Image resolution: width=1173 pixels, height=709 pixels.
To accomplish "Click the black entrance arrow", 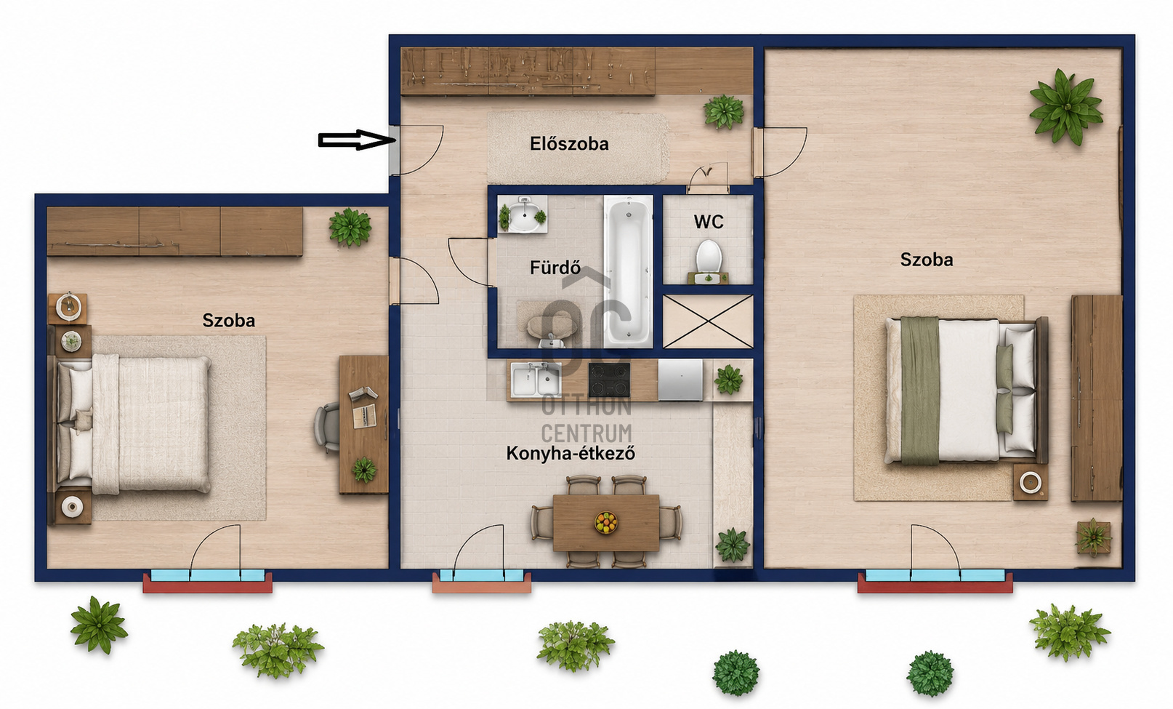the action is [357, 140].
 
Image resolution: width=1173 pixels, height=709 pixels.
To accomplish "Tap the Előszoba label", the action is [569, 143].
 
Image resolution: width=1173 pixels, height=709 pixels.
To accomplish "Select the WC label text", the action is [709, 222].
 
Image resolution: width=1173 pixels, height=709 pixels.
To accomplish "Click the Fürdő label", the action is [555, 268].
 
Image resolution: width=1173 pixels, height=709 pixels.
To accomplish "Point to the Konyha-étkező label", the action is [571, 453].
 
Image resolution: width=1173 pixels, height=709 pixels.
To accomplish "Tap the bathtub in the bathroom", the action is [628, 271].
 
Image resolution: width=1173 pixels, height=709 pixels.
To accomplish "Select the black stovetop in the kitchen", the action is [609, 380].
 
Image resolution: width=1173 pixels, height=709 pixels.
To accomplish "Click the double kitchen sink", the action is [536, 379].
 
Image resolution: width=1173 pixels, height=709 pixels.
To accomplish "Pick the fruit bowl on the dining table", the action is [606, 522].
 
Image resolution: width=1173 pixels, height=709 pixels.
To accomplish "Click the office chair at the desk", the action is [327, 428].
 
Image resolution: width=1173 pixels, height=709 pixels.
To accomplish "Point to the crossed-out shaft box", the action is [708, 321].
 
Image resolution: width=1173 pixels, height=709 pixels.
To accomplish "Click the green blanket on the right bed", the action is [919, 391].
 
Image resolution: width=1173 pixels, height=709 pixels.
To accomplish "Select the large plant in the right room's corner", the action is [1065, 107].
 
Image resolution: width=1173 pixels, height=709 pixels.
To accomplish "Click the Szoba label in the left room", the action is [229, 320].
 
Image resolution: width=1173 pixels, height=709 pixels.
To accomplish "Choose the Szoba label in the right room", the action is [927, 260].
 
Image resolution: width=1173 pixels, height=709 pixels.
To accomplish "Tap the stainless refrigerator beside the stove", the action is [680, 380].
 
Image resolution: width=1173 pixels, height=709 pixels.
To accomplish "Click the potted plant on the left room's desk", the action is [364, 470].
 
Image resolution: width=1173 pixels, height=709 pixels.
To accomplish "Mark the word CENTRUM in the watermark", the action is [586, 434].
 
